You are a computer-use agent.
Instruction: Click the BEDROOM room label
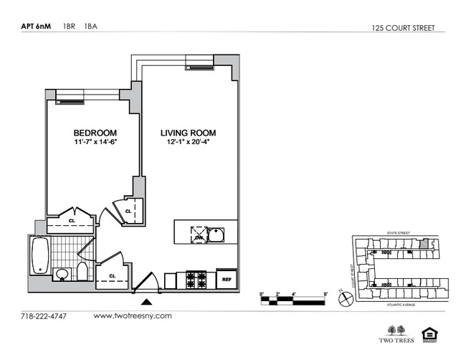(95, 133)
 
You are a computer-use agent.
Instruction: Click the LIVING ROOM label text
(188, 133)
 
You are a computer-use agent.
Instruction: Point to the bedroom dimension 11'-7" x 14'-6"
(95, 143)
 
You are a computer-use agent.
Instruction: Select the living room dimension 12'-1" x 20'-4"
(188, 143)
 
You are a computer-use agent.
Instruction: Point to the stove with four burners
(196, 278)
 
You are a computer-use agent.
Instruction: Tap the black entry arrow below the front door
(146, 301)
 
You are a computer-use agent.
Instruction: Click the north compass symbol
(346, 297)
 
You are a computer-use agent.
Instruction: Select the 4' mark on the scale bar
(295, 293)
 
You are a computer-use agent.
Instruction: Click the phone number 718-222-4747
(43, 316)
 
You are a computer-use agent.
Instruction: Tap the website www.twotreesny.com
(133, 316)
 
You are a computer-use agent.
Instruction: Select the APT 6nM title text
(37, 28)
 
